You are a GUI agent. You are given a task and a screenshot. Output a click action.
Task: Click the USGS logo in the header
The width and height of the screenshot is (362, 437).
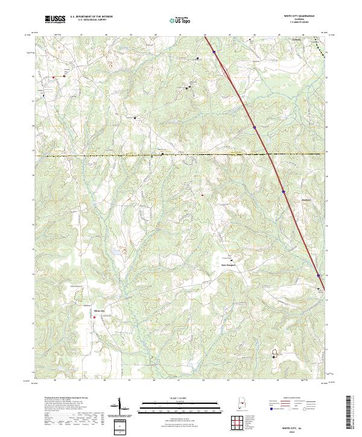tap(55, 19)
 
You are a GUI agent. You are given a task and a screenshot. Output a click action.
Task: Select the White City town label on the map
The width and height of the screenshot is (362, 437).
tap(99, 310)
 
